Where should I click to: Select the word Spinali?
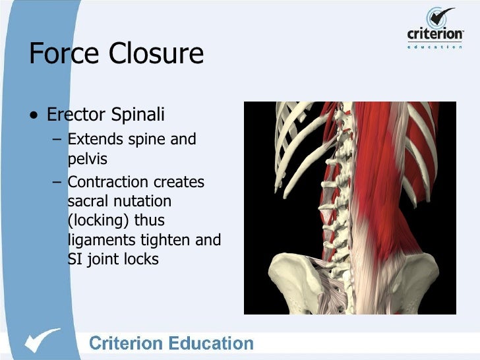click(137, 115)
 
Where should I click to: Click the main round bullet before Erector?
click(34, 117)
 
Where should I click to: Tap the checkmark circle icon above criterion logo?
click(440, 18)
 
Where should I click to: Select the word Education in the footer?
click(212, 344)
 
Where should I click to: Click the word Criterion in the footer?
click(126, 344)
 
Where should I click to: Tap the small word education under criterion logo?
click(435, 47)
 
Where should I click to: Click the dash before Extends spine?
click(59, 140)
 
